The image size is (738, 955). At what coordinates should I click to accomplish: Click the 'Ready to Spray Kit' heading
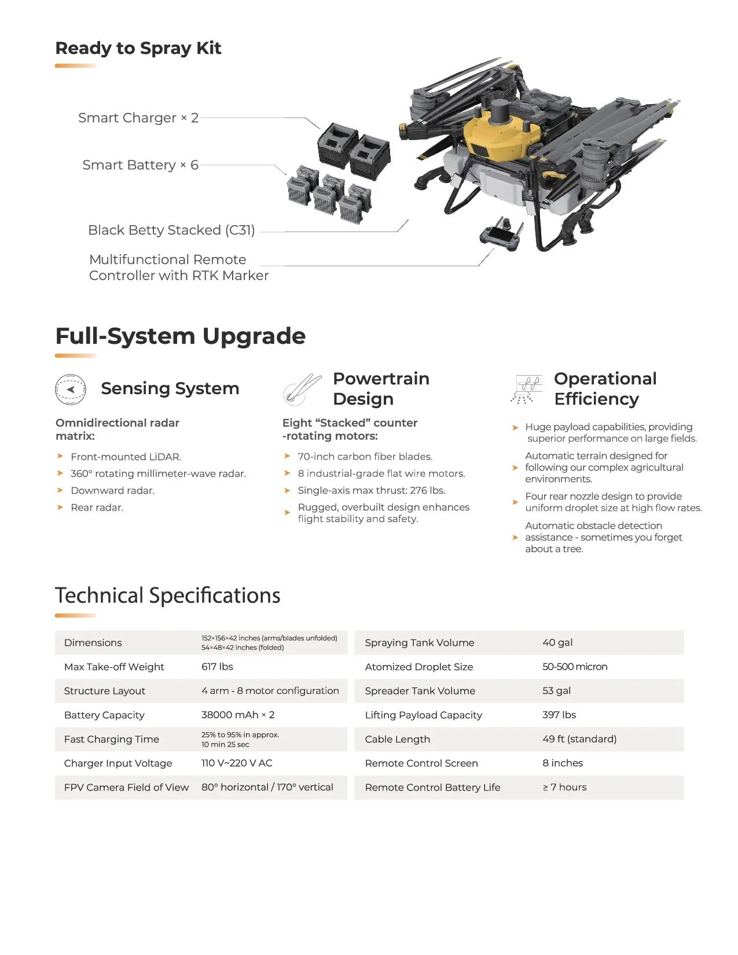pos(138,48)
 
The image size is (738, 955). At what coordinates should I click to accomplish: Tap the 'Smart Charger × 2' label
pos(138,118)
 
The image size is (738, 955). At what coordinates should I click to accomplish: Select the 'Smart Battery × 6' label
pos(140,165)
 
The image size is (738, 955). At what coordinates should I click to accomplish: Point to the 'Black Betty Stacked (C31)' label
pos(171,230)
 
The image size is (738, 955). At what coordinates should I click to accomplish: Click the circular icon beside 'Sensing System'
pos(71,389)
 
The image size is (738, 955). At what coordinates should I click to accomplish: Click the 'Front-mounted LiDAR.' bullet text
pos(126,457)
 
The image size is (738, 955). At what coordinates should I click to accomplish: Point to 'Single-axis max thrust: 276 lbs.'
pos(371,490)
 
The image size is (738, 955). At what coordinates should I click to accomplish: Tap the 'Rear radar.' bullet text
pos(97,508)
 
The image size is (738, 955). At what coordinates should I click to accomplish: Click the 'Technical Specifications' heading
pos(168,596)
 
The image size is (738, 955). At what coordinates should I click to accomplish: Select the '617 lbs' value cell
pos(217,667)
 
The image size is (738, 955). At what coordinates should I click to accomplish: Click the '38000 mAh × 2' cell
pos(238,715)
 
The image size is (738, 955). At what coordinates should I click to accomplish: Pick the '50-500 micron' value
pos(575,667)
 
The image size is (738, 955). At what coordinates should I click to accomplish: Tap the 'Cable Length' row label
pos(398,739)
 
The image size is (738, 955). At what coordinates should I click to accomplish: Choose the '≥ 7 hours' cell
pos(564,787)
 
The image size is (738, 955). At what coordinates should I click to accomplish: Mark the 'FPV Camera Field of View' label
pos(126,787)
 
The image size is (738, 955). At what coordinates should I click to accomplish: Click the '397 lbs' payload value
pos(559,715)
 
